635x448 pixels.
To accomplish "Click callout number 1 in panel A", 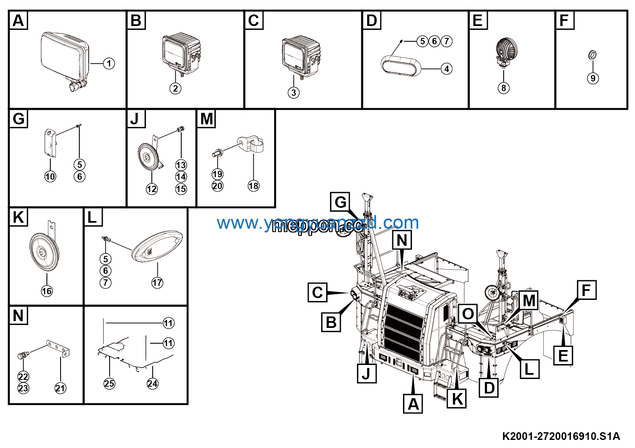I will pyautogui.click(x=109, y=63).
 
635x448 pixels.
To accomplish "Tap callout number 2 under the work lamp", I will pyautogui.click(x=175, y=88).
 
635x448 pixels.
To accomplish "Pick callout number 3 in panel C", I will pyautogui.click(x=293, y=92).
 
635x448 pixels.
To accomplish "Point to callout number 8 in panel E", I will pyautogui.click(x=504, y=88).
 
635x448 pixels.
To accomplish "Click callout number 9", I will pyautogui.click(x=593, y=78).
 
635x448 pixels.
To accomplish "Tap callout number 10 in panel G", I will pyautogui.click(x=50, y=176).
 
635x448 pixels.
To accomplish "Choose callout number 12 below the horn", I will pyautogui.click(x=152, y=189).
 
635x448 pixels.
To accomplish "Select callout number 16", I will pyautogui.click(x=46, y=291).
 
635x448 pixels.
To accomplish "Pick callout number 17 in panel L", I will pyautogui.click(x=157, y=282).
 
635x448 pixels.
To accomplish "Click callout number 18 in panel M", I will pyautogui.click(x=253, y=186).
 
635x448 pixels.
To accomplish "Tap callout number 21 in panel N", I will pyautogui.click(x=61, y=388).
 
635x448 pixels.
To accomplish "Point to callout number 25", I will pyautogui.click(x=109, y=383).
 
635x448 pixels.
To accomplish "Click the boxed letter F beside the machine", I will pyautogui.click(x=586, y=290).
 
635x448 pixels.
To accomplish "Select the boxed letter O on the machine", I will pyautogui.click(x=468, y=314).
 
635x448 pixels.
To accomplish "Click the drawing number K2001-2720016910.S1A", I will pyautogui.click(x=561, y=436).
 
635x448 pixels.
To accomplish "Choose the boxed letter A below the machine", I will pyautogui.click(x=413, y=404).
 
